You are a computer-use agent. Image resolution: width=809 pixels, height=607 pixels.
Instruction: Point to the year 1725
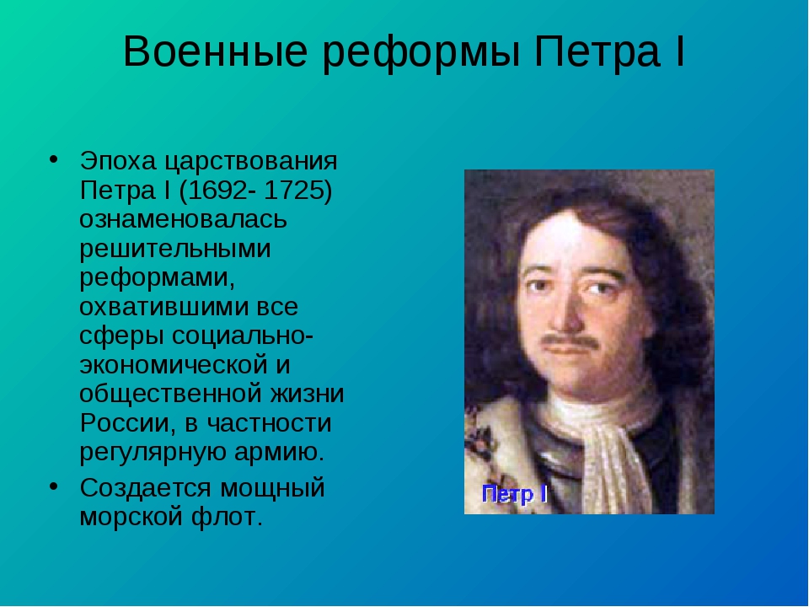[292, 191]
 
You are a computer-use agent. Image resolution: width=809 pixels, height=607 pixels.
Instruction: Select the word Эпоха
[118, 162]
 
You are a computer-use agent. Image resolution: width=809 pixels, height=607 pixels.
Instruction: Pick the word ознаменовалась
[183, 219]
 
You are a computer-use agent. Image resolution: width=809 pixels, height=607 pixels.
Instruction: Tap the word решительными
[175, 250]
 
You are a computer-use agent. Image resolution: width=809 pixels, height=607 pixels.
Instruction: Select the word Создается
[146, 488]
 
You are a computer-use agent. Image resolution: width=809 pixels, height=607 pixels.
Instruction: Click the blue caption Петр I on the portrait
[515, 495]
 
